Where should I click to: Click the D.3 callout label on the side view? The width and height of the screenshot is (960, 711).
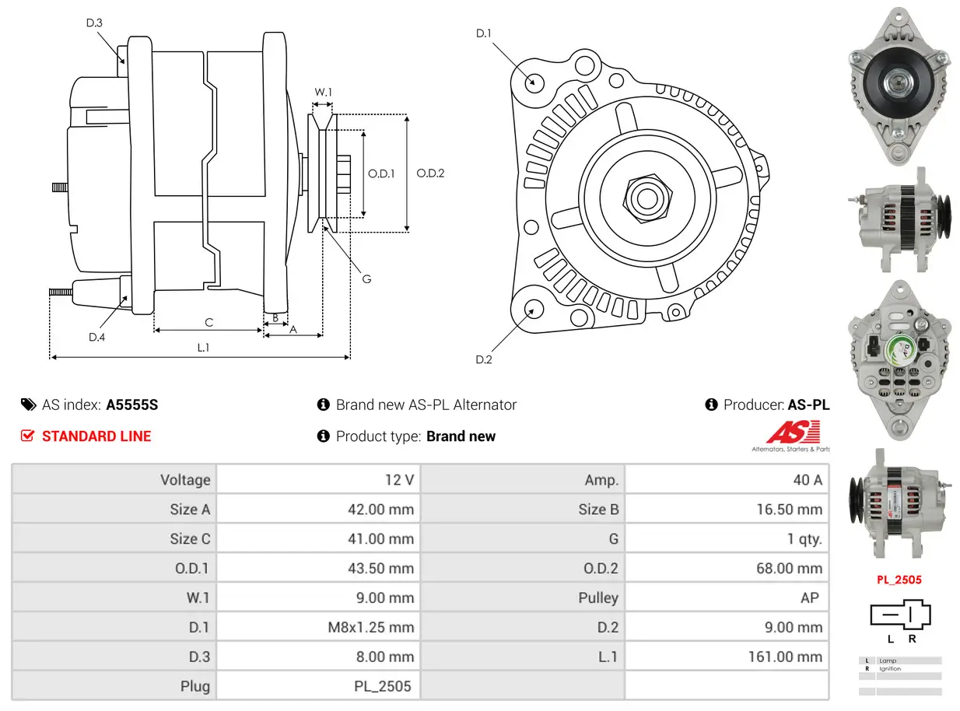[93, 23]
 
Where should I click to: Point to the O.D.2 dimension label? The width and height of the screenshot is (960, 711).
[429, 173]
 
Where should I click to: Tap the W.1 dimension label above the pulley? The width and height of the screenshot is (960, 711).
[323, 92]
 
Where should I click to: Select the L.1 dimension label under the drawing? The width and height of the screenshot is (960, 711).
[202, 348]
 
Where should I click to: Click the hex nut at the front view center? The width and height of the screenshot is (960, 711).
[646, 197]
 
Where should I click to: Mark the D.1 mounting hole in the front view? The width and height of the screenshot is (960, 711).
[534, 82]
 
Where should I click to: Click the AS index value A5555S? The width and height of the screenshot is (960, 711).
[131, 405]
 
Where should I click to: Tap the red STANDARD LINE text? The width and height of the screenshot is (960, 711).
[96, 436]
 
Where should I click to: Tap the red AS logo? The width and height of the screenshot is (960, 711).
[794, 433]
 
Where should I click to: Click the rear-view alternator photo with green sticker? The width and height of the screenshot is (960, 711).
[899, 359]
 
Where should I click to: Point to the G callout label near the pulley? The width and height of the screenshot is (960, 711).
[366, 278]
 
